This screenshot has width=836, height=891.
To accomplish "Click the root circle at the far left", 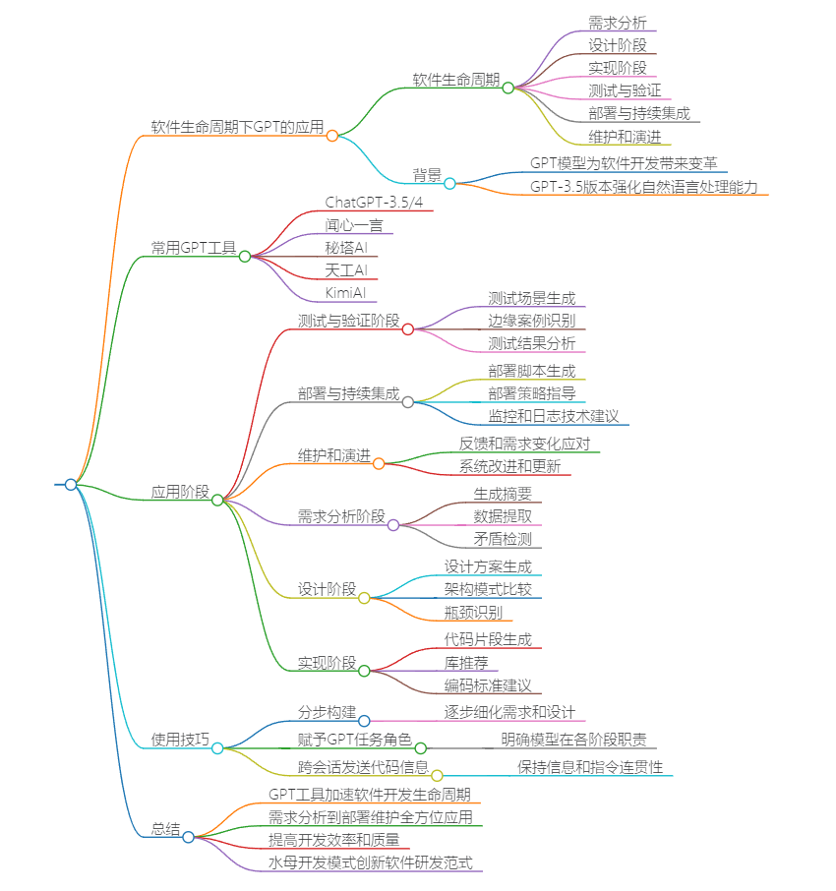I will coord(70,485).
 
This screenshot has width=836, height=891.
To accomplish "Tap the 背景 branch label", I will coord(427,175).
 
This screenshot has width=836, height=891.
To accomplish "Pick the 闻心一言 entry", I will coord(354,225).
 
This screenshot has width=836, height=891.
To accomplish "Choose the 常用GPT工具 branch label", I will coord(193,248).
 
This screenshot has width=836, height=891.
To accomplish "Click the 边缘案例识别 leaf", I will coord(531,321).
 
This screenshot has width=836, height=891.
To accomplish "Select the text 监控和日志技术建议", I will coord(553,416).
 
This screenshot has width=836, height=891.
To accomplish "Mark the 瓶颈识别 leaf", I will coord(473,613).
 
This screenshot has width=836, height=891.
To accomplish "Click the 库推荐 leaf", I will coord(466,663).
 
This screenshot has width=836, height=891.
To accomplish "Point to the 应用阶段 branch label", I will coord(180,492).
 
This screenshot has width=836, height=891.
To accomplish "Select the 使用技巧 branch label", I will coord(180,740).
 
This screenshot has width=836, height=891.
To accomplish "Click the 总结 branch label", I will coord(165,829).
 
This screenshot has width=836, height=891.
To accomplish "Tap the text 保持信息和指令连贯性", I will coord(590,767).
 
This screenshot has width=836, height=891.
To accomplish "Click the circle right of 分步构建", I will coord(364,721).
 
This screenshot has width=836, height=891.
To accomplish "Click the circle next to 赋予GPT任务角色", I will coord(420,748).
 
